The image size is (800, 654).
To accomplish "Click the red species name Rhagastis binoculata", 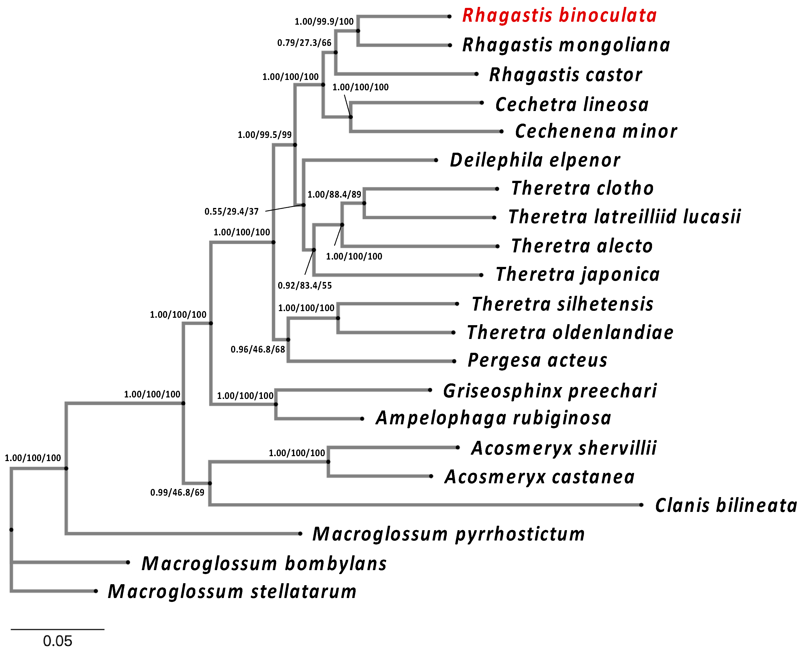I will (559, 16).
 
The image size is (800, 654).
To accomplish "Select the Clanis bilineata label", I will (726, 505).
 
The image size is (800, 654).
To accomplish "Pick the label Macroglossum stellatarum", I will (232, 592).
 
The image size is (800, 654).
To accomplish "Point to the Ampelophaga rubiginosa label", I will (493, 418).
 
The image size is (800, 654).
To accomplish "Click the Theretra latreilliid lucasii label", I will (624, 217).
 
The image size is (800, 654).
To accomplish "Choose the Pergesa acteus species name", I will (537, 360).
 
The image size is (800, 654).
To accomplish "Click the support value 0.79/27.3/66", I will (304, 43).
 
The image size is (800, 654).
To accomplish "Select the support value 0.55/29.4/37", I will (232, 212).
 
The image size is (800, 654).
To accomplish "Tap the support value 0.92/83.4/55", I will (305, 286).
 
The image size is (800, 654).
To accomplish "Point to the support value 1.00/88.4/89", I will (334, 194).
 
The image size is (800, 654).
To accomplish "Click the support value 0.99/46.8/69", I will (177, 492).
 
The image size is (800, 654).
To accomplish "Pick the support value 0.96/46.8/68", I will (258, 350).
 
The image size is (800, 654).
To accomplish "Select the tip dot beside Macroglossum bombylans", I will (128, 562).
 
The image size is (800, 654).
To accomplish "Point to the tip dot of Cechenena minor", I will (501, 131).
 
